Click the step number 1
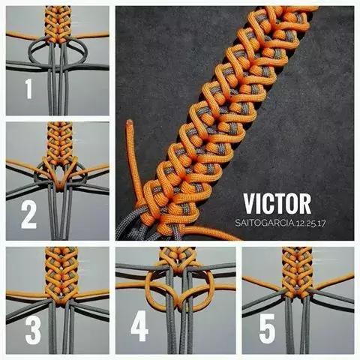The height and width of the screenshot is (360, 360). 28,88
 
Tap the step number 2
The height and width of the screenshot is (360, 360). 28,215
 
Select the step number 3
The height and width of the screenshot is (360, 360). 33,331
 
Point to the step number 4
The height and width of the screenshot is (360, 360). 139,326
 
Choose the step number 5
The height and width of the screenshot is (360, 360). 267,328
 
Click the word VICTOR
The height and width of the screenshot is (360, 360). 277,204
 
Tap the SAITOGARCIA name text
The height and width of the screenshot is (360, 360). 264,223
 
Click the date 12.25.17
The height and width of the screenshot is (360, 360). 310,223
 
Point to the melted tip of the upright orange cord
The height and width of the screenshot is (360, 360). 130,122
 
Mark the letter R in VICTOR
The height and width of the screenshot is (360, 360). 305,204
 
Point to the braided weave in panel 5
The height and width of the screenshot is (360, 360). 297,271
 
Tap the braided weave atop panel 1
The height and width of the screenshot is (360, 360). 58,24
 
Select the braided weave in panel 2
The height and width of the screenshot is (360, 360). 60,144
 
